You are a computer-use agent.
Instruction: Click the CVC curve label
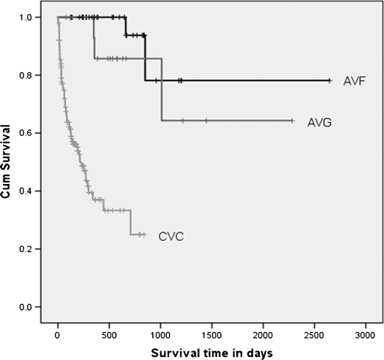170,237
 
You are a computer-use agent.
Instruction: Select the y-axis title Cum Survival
9,161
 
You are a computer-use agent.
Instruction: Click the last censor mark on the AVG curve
292,120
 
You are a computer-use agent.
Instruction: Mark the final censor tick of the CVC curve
144,234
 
